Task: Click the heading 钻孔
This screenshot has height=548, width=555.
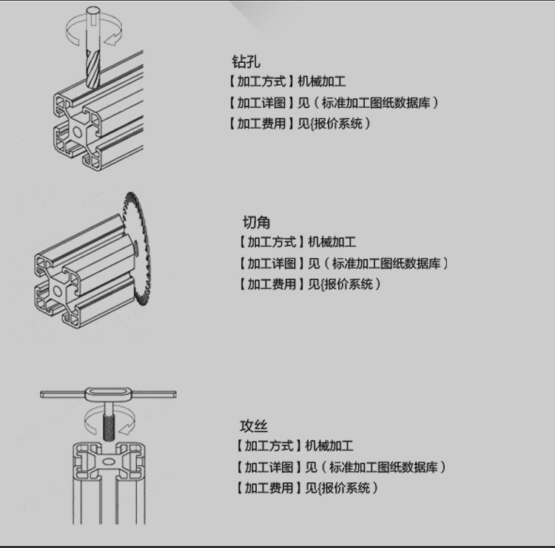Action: pyautogui.click(x=246, y=61)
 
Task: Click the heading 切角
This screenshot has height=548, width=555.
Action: pyautogui.click(x=257, y=221)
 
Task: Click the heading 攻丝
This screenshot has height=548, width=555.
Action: pyautogui.click(x=254, y=425)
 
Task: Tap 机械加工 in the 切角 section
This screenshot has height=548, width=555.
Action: pyautogui.click(x=332, y=242)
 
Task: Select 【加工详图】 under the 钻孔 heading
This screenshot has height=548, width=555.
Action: pyautogui.click(x=260, y=103)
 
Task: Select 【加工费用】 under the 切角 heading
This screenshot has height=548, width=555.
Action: pyautogui.click(x=270, y=284)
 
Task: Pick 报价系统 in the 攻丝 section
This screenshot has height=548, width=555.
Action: pyautogui.click(x=346, y=487)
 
